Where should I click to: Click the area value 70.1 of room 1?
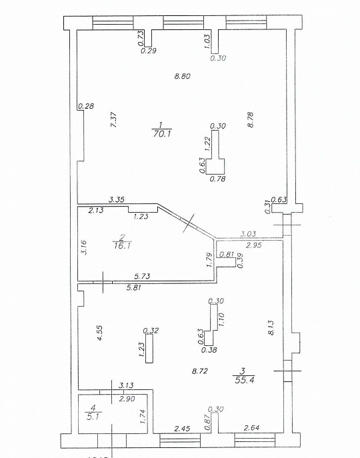pyautogui.click(x=161, y=133)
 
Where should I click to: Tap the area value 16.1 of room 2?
pyautogui.click(x=121, y=245)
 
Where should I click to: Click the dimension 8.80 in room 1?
pyautogui.click(x=182, y=76)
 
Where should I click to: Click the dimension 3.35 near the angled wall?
pyautogui.click(x=118, y=199)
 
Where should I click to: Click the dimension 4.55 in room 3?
pyautogui.click(x=99, y=333)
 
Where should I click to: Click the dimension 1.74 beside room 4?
pyautogui.click(x=142, y=415)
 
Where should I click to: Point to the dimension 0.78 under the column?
pyautogui.click(x=217, y=178)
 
